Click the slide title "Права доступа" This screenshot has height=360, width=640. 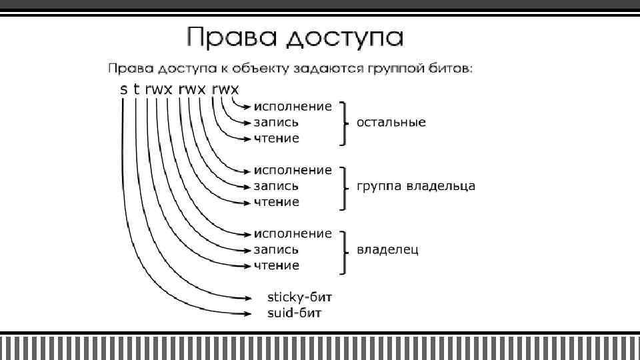point(295,37)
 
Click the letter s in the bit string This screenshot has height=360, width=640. point(123,89)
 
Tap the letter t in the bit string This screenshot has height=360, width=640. point(136,89)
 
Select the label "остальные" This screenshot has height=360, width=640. point(391,123)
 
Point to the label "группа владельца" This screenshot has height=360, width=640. point(416,186)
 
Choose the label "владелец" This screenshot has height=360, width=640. point(388,250)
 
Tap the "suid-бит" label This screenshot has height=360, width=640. point(294,312)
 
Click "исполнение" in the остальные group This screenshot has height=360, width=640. point(292,107)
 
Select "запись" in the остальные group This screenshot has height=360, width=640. point(276,123)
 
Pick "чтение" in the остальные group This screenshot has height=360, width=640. point(276,139)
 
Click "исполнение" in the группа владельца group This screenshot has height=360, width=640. point(292,170)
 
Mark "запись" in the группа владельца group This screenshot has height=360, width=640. point(276,186)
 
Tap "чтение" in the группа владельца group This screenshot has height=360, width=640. point(276,202)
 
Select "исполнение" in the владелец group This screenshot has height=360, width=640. point(292,234)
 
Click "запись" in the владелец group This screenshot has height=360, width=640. point(276,250)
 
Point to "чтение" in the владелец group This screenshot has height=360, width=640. point(276,266)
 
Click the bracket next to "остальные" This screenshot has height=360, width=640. point(344,123)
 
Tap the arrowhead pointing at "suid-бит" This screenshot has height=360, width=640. point(247,312)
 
